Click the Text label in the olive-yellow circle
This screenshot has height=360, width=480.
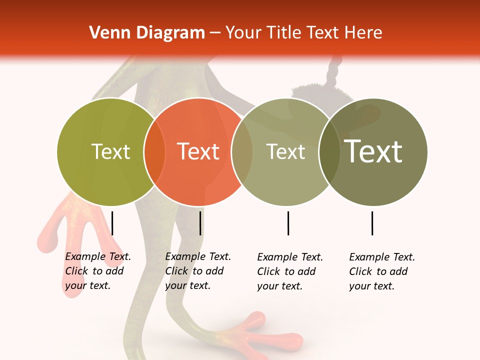111,151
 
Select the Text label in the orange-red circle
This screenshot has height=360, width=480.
198,151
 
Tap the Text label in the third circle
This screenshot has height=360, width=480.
285,151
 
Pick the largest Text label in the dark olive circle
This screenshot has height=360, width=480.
373,151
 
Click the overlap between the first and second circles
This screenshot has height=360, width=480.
154,152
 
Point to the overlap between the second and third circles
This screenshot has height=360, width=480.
242,152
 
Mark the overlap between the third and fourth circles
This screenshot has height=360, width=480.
329,152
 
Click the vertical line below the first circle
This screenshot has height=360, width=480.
112,223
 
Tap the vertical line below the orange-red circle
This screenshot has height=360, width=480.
200,223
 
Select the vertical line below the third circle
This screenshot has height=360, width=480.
288,223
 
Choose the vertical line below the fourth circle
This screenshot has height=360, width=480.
372,223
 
